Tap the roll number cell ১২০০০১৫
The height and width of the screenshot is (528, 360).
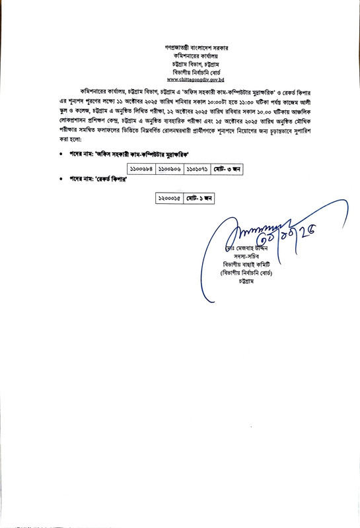click(168, 197)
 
